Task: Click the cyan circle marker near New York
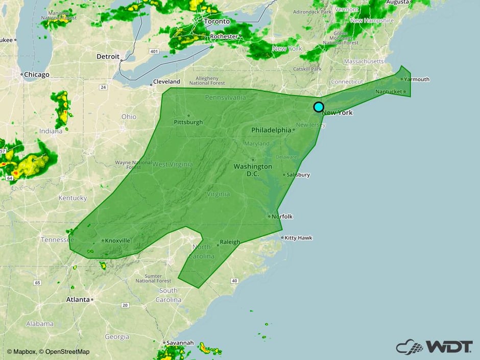tap(318, 107)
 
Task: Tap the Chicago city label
tap(37, 75)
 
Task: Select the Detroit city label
tap(108, 57)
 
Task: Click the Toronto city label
tap(217, 22)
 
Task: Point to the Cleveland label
tap(167, 82)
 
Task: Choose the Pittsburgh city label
tap(188, 122)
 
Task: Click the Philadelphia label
tap(271, 130)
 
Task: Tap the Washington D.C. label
tap(253, 170)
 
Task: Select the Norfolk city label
tap(282, 217)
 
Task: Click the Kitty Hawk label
tap(298, 238)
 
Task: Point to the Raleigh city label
tap(229, 242)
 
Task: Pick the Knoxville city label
tap(117, 241)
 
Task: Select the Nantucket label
tap(389, 91)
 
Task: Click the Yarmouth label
tap(417, 79)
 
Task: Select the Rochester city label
tap(224, 37)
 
